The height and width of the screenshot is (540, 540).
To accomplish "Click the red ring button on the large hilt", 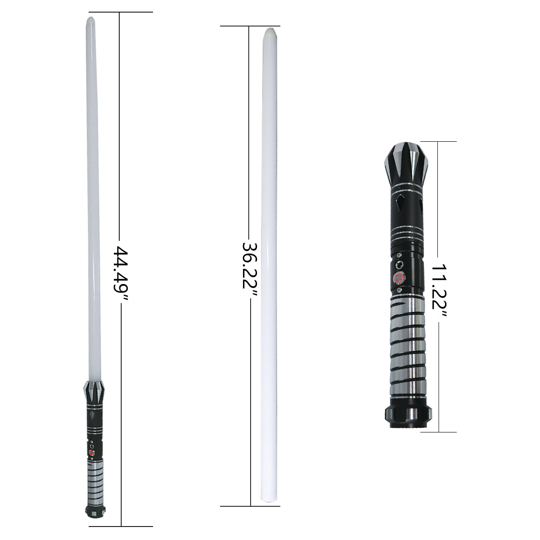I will pos(399,277).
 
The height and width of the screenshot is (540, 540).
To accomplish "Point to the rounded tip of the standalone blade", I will pos(271,31).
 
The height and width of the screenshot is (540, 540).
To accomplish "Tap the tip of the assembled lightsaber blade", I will pos(90,20).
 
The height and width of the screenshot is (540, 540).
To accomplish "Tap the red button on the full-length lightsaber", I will pos(92,453).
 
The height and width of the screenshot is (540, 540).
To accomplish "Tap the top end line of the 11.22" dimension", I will pos(438,142).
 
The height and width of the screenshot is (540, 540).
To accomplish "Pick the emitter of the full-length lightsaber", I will pos(93,391).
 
